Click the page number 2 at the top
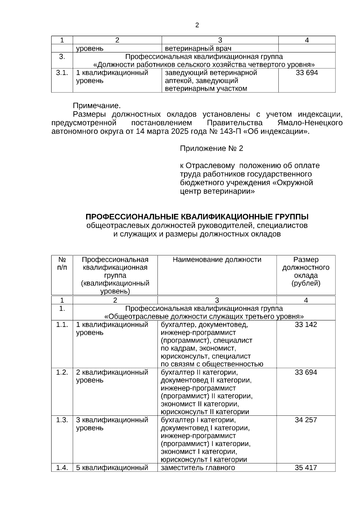197,25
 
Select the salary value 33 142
306,325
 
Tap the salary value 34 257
306,420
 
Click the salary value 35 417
306,468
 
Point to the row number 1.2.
62,372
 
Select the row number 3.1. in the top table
62,73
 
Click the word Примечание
97,106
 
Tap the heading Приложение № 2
211,148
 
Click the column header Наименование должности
217,260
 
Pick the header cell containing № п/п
62,263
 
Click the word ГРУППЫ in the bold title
291,217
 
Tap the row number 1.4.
62,468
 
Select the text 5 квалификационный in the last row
112,468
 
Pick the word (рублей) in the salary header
306,283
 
